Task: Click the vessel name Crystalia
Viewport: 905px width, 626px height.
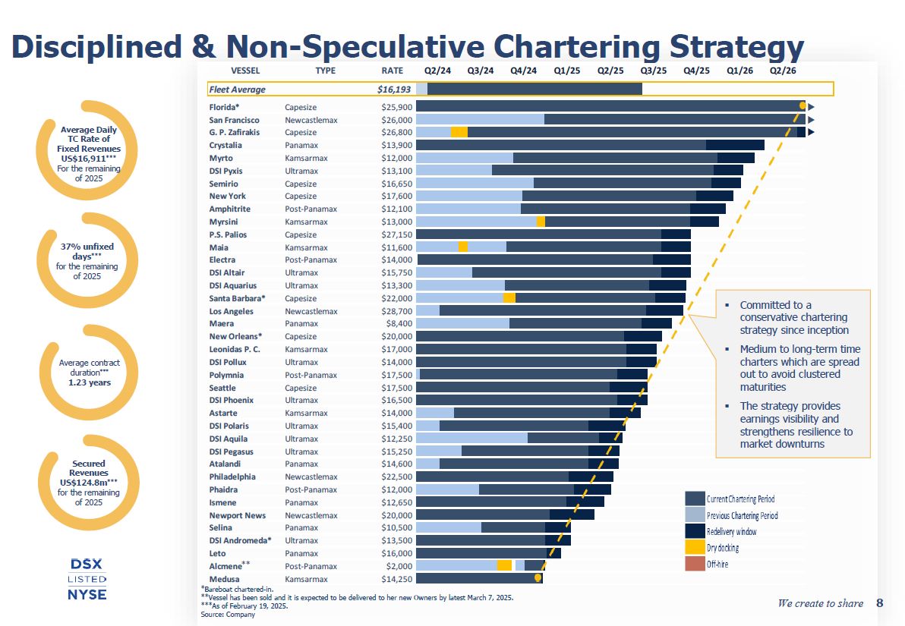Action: point(225,145)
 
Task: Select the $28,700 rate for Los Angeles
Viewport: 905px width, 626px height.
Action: point(397,311)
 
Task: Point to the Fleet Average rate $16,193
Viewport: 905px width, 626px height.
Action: point(394,89)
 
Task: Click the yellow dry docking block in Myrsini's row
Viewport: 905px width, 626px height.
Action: point(541,222)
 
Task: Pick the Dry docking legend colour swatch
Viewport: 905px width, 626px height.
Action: point(695,547)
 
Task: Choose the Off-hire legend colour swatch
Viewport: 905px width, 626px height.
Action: point(695,564)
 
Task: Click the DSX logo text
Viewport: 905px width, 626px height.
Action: point(86,564)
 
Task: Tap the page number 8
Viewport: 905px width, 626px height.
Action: point(879,603)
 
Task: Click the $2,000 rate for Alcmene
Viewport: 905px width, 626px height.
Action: point(399,566)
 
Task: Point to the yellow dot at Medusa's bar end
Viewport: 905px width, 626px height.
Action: point(538,578)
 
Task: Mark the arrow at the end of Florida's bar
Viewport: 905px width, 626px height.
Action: point(811,107)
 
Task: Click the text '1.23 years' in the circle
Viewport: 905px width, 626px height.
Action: point(90,382)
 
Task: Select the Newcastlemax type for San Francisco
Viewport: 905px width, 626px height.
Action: point(311,120)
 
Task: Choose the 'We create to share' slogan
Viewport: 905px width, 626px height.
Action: point(820,603)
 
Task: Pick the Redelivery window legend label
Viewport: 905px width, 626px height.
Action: point(731,531)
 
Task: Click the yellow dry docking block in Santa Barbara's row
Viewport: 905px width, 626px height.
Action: point(509,298)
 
